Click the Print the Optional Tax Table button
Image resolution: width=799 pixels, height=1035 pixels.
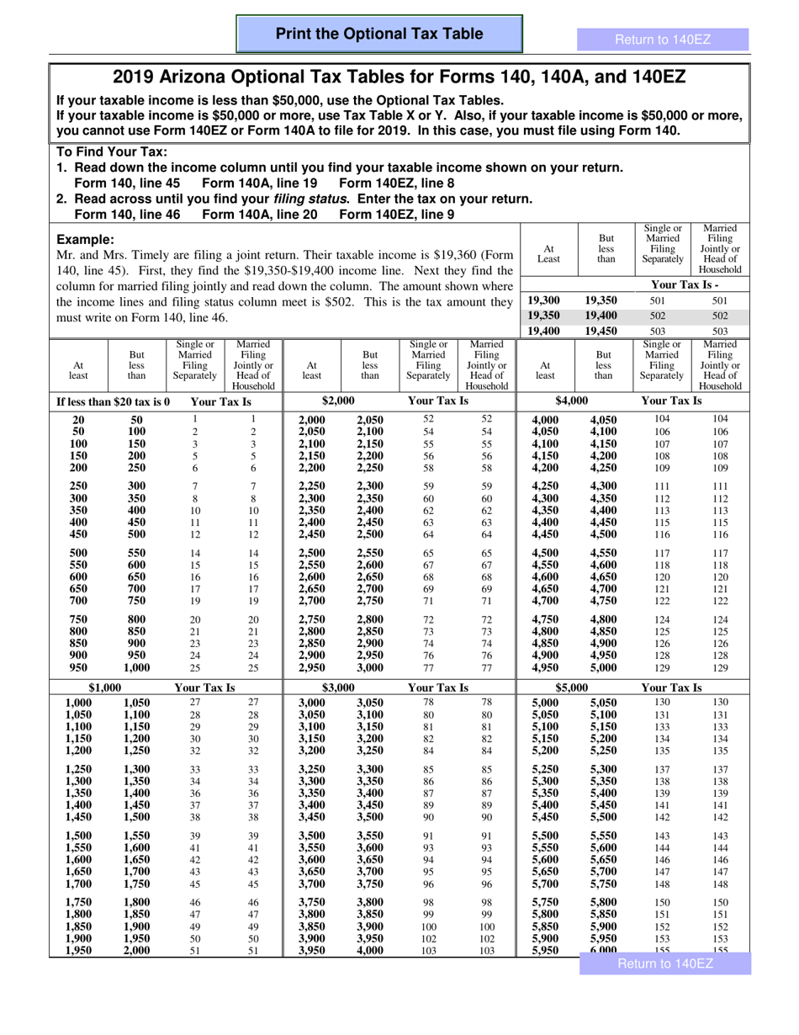[379, 34]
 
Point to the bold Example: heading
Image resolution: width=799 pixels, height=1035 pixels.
[84, 239]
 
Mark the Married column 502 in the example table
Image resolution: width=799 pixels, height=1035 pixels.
[719, 316]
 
